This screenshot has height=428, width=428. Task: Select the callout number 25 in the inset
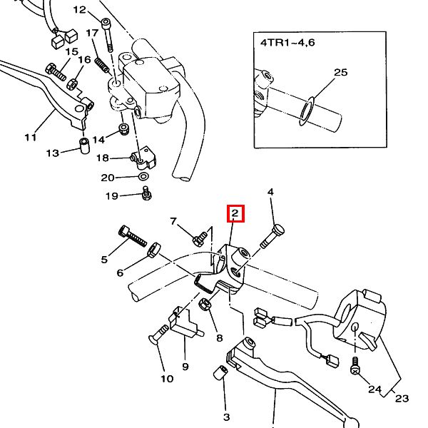[x=340, y=73]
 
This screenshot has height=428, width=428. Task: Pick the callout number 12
[x=79, y=10]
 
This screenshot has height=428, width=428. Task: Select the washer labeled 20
[x=142, y=176]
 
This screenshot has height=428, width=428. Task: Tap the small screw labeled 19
[x=146, y=193]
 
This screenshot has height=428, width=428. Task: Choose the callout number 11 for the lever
[x=30, y=136]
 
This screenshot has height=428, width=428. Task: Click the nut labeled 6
[x=153, y=250]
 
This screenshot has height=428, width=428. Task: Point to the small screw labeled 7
[x=200, y=235]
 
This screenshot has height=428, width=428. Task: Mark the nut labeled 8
[x=203, y=305]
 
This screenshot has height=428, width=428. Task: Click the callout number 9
[x=185, y=367]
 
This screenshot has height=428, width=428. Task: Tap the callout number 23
[x=402, y=398]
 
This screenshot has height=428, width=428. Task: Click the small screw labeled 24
[x=355, y=365]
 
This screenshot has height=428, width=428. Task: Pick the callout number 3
[x=226, y=417]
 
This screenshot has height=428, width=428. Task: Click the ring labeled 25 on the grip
[x=307, y=110]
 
